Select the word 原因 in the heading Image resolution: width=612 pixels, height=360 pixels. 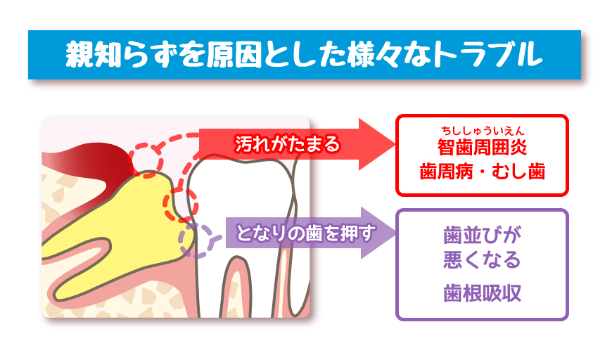[234, 54]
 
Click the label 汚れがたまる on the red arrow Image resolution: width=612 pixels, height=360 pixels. [287, 144]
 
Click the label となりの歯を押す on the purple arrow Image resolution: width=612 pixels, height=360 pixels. [306, 233]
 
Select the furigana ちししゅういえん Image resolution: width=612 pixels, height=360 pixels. [483, 131]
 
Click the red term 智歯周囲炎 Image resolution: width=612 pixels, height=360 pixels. [483, 148]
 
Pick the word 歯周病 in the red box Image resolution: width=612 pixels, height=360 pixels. [446, 172]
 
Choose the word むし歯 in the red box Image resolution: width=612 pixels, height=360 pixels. [518, 172]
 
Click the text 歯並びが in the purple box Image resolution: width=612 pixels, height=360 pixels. [483, 235]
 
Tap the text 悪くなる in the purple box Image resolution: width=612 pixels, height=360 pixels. [483, 259]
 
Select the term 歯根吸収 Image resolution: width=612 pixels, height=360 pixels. [483, 293]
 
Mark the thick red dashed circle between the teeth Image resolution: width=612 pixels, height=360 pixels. [181, 205]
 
